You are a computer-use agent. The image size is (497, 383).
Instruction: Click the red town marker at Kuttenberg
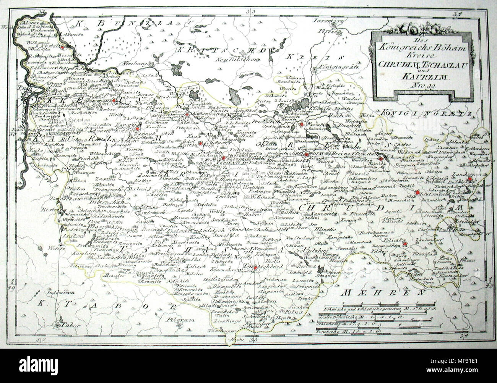(x=199, y=144)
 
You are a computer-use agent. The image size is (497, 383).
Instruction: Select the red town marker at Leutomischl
(x=417, y=192)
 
